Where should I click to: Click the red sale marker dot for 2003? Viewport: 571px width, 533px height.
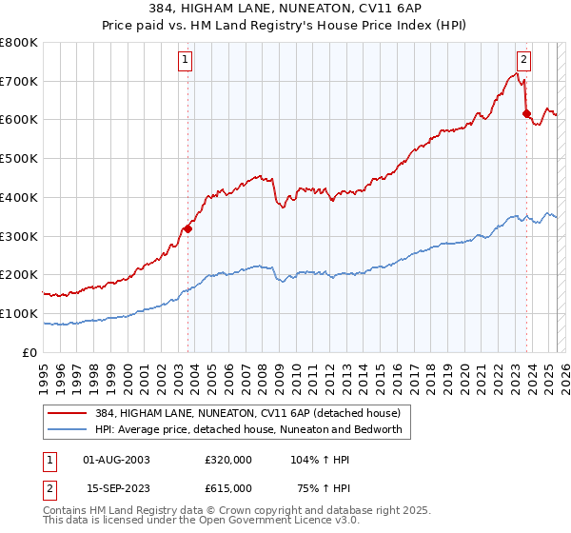[187, 228]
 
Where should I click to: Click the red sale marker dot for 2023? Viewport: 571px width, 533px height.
[526, 114]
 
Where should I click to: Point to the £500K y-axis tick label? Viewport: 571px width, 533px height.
[19, 159]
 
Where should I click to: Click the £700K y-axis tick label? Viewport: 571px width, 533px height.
[19, 82]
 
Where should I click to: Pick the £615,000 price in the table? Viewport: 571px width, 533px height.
[228, 487]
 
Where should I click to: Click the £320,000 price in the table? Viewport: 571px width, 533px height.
[228, 459]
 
